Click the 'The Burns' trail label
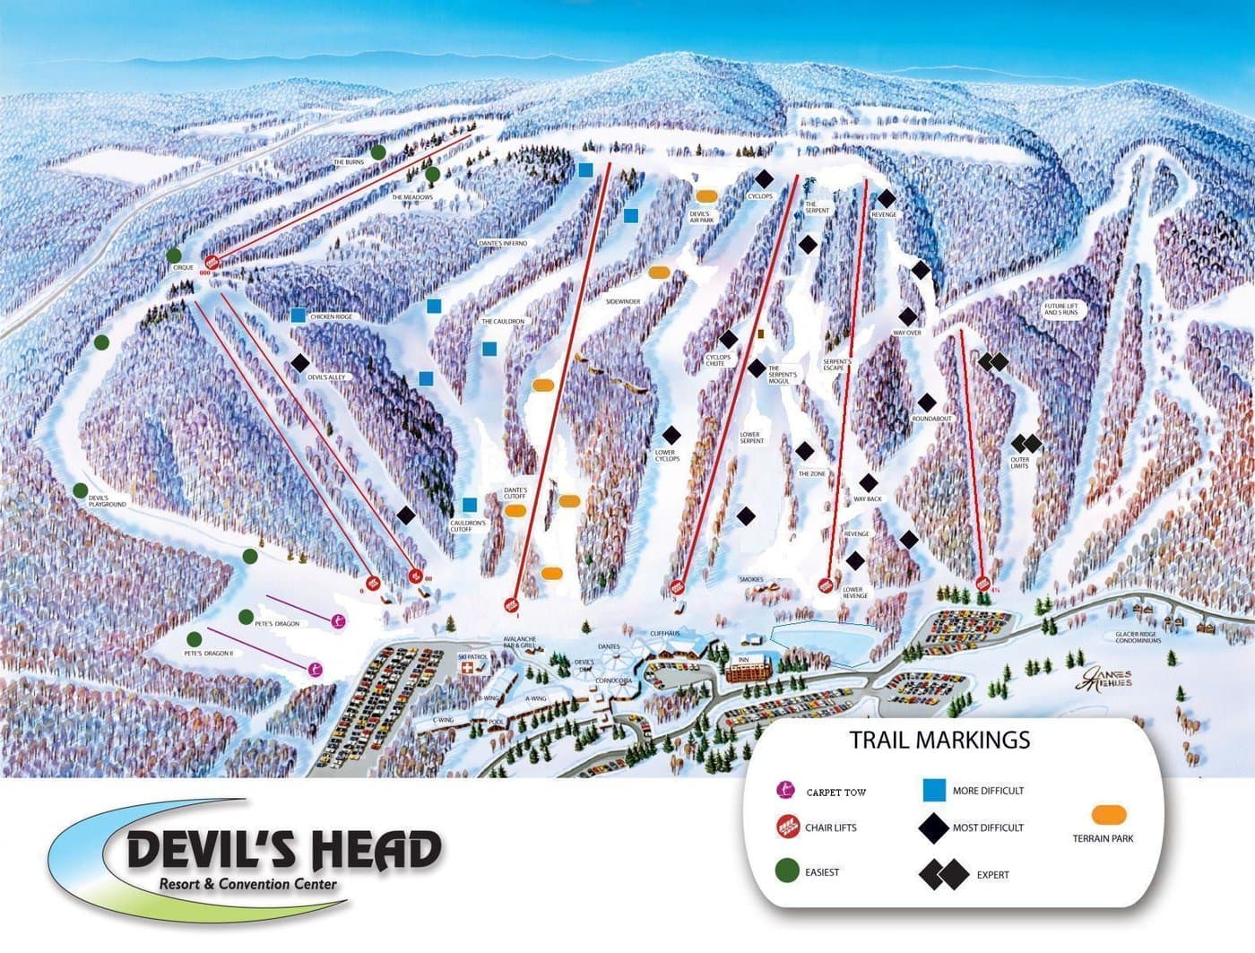pos(349,162)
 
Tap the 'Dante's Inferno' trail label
pos(502,244)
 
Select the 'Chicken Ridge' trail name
pos(331,317)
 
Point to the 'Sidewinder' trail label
pos(623,302)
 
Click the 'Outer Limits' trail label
pos(1020,464)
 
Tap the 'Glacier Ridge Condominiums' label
pos(1138,637)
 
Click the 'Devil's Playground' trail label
pos(107,501)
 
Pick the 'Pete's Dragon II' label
pos(208,654)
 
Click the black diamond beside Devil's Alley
pos(300,363)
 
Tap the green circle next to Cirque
pos(173,256)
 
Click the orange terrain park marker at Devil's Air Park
pos(705,195)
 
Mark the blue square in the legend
pos(935,790)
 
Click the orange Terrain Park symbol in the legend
pos(1109,814)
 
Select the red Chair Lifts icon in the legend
pos(787,827)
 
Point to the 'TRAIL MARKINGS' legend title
pos(939,741)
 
